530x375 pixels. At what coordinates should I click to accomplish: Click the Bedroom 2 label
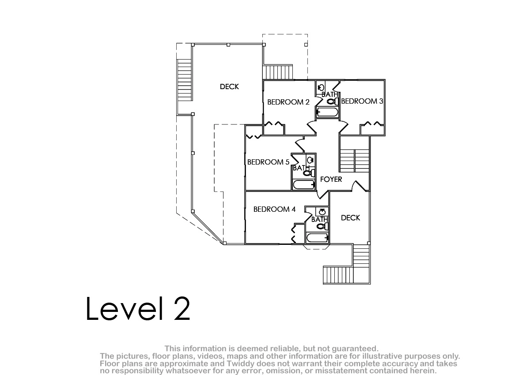point(288,102)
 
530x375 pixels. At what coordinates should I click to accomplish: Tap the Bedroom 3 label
point(362,101)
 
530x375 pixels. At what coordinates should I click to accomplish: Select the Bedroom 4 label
point(274,209)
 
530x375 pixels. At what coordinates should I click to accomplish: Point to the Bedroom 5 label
point(269,162)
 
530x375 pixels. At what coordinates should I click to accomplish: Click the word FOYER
point(331,180)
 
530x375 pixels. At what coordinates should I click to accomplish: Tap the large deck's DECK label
point(230,87)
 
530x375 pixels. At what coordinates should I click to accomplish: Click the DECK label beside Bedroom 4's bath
point(350,217)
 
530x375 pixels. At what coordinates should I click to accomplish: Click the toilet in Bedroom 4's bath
point(322,226)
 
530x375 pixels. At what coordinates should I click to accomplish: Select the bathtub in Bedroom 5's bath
point(304,184)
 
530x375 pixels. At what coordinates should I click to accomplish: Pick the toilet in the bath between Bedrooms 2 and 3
point(333,101)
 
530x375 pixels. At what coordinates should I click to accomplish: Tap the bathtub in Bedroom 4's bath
point(317,237)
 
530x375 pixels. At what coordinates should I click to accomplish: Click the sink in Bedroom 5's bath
point(310,160)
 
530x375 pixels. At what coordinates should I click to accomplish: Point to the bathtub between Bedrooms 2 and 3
point(328,112)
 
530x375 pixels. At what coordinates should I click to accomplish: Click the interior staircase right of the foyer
point(354,161)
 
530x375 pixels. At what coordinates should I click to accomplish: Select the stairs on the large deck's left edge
point(184,80)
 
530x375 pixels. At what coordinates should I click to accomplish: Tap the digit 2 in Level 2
point(182,309)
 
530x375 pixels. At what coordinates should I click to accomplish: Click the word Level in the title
point(125,308)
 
